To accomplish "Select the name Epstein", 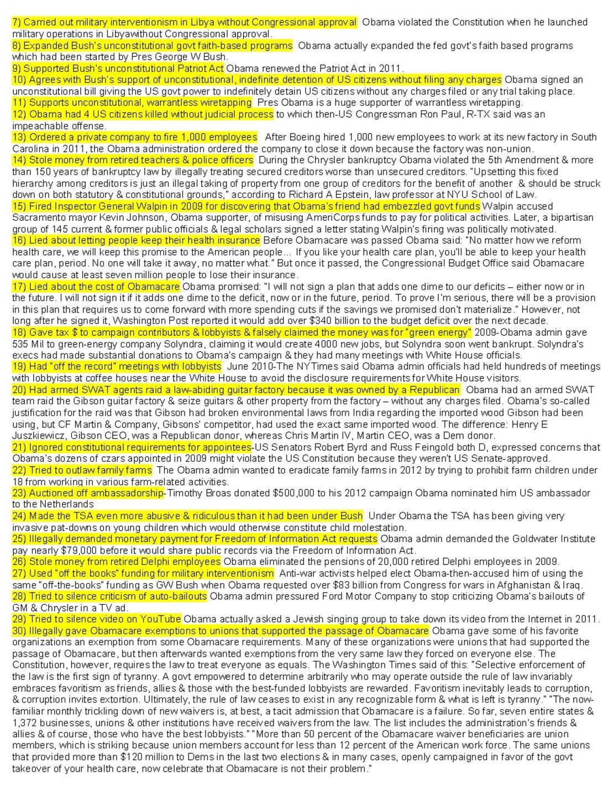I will (x=370, y=194).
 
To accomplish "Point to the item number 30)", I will (x=19, y=631).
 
